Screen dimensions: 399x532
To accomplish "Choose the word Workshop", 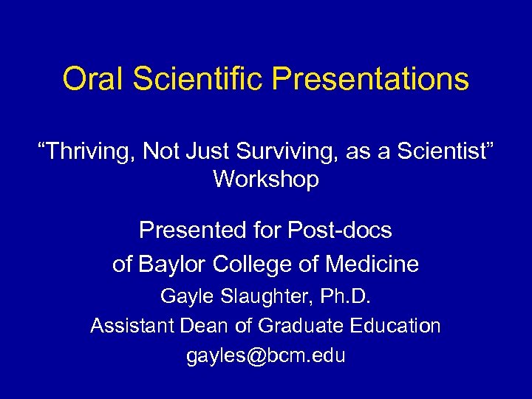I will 266,180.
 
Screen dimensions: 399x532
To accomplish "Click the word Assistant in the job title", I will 129,326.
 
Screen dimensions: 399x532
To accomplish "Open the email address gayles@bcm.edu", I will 266,355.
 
